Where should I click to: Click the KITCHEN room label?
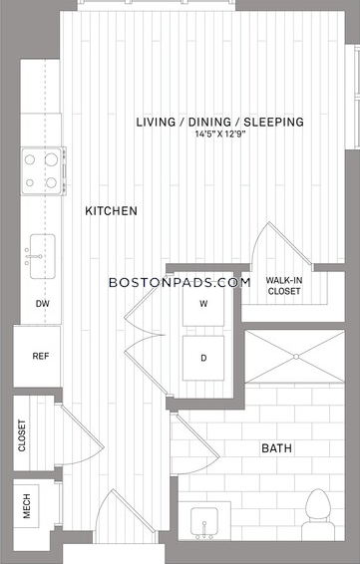[x=111, y=211]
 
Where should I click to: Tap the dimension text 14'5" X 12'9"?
[x=220, y=135]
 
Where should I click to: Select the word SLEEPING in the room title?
[x=274, y=122]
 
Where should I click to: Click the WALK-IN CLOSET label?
[x=284, y=286]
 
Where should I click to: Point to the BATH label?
[x=276, y=448]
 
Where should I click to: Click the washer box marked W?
[x=203, y=304]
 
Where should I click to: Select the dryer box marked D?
[x=203, y=358]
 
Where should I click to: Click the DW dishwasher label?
[x=43, y=304]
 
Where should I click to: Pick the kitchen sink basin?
[x=43, y=256]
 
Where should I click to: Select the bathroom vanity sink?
[x=204, y=521]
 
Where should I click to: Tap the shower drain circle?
[x=296, y=357]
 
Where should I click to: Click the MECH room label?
[x=26, y=506]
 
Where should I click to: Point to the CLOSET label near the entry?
[x=22, y=435]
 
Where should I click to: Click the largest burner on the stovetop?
[x=51, y=159]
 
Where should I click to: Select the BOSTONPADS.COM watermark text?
[x=180, y=282]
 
